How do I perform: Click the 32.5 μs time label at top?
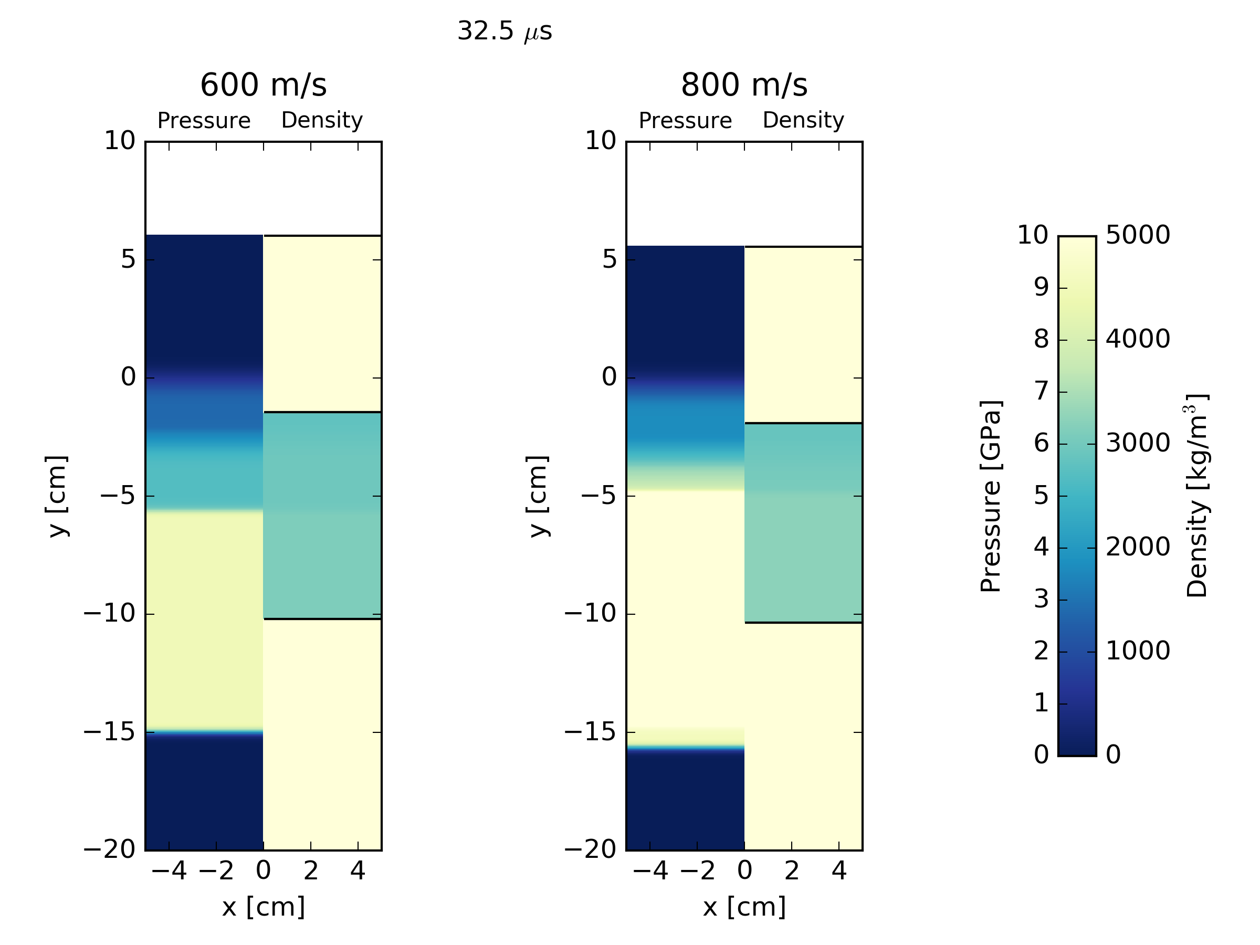coord(505,31)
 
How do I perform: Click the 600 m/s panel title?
coord(263,85)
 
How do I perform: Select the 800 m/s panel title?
coord(744,85)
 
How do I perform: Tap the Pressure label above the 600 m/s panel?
coord(203,121)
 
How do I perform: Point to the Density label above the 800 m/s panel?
coord(803,120)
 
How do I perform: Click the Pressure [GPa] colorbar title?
coord(991,496)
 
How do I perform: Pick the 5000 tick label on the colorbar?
coord(1138,235)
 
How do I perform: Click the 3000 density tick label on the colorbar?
coord(1138,443)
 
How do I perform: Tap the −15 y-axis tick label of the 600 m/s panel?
coord(109,731)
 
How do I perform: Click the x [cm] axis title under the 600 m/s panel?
coord(263,906)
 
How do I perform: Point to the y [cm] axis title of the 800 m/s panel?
coord(537,496)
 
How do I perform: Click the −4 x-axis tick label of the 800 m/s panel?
coord(650,870)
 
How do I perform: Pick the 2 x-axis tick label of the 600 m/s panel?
coord(310,870)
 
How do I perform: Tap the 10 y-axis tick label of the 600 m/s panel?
coord(120,141)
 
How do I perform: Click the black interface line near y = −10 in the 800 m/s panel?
coord(803,623)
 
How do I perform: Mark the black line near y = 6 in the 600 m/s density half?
coord(322,235)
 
